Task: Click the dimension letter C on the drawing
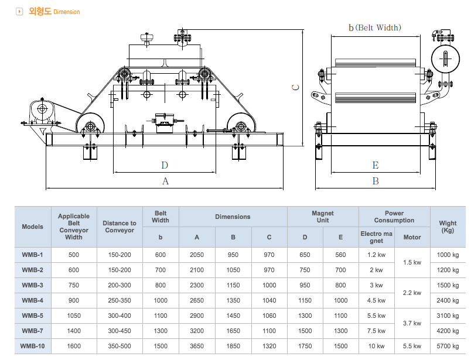[296, 87]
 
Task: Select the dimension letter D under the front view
[165, 165]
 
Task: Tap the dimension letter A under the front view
[165, 181]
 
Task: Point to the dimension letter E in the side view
[376, 165]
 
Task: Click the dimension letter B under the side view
[376, 181]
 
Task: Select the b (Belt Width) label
[374, 28]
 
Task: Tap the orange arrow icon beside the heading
[20, 11]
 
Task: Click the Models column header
[32, 227]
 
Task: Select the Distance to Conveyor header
[120, 227]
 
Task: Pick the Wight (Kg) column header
[448, 227]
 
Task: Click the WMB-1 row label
[32, 255]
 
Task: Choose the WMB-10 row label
[32, 346]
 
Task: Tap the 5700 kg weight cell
[448, 346]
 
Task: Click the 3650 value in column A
[196, 346]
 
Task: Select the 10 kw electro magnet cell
[376, 346]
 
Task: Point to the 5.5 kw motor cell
[412, 346]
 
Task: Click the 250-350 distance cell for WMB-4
[120, 300]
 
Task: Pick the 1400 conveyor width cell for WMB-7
[73, 331]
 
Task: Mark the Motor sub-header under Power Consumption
[412, 237]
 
